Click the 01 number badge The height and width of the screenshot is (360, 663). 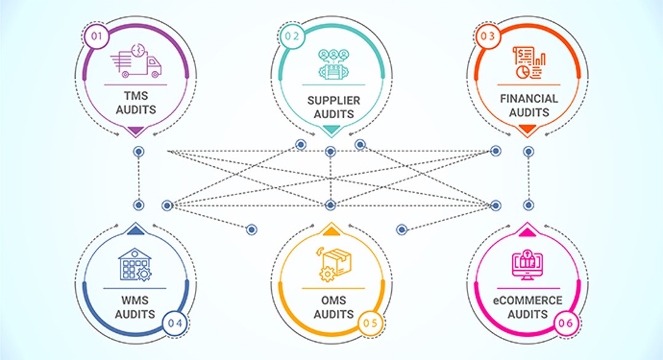(x=97, y=36)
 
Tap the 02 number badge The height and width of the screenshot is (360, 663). (x=292, y=36)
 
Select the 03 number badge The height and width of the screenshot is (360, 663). (x=488, y=36)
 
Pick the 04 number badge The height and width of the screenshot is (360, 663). (x=175, y=322)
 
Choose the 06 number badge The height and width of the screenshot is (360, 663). (x=566, y=322)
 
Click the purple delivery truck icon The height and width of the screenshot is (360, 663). (x=137, y=60)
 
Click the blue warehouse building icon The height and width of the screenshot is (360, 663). (x=134, y=265)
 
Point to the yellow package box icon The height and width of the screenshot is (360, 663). (x=332, y=264)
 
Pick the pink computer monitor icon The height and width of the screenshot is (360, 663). (x=528, y=264)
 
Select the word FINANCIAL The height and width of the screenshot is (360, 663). (x=529, y=98)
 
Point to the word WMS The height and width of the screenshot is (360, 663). (x=135, y=301)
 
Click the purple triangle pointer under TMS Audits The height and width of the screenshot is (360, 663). (x=136, y=130)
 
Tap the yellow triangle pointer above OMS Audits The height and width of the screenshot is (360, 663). (x=331, y=231)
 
